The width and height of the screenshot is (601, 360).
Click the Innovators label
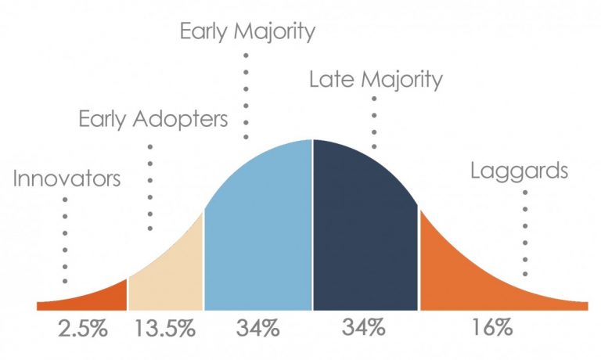click(67, 179)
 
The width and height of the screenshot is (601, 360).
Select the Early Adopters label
click(153, 120)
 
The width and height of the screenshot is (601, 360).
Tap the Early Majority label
click(247, 32)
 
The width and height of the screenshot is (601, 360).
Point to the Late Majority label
click(376, 78)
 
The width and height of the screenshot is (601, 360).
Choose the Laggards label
click(519, 171)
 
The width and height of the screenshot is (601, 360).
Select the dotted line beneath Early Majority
click(247, 94)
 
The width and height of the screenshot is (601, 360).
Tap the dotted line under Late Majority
click(374, 121)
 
